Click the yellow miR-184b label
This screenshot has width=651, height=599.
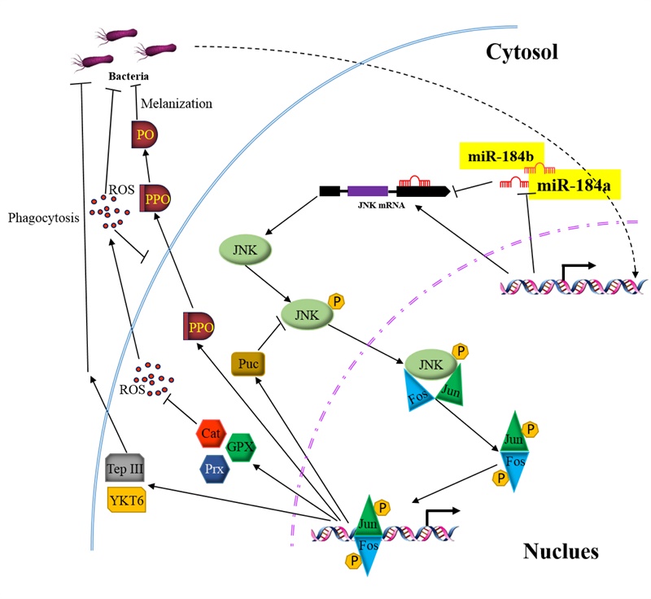[499, 155]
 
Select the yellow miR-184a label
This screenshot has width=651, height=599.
[573, 186]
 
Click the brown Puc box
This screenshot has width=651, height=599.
[249, 363]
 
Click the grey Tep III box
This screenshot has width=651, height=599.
[125, 470]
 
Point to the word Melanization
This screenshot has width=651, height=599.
[176, 103]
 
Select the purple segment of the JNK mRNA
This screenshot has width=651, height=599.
[367, 191]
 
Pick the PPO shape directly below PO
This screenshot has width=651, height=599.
[156, 198]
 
